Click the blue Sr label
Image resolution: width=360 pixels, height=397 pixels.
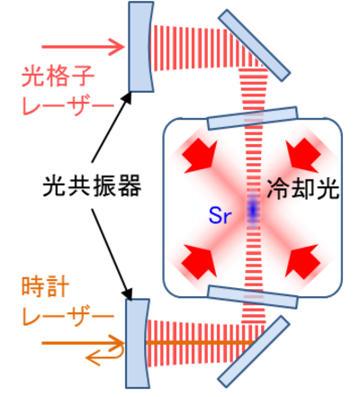point(220,216)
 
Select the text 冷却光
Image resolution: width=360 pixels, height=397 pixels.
point(303,189)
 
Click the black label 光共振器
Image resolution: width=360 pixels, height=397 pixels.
point(92,186)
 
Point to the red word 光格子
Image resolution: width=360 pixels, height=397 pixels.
point(58,76)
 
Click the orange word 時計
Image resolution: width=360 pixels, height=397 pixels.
point(45,287)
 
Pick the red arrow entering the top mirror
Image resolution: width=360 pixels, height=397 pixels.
point(83,47)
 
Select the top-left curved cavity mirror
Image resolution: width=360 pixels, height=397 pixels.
point(141,47)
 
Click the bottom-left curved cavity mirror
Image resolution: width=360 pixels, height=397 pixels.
point(138,344)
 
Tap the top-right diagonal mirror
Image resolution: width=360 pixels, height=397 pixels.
point(254,45)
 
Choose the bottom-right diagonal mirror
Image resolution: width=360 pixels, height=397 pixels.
point(254,352)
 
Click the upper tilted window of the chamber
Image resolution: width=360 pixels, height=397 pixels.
point(253,118)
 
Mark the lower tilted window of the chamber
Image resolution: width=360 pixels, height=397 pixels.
point(253,297)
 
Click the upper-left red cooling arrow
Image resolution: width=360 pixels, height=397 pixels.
point(199,156)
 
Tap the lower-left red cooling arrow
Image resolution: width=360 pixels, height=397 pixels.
point(199,261)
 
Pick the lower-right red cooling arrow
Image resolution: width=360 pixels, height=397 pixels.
point(302,261)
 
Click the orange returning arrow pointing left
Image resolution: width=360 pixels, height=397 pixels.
point(105,354)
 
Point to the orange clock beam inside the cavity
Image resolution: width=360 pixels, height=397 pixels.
point(200,343)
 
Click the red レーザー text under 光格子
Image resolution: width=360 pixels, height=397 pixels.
point(68,105)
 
